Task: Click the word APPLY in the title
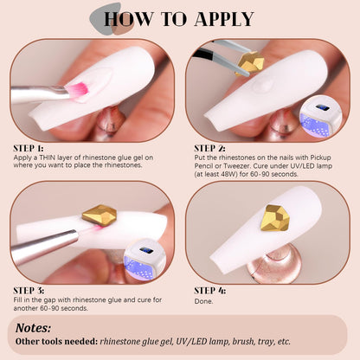(x=224, y=19)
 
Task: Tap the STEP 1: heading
(x=29, y=149)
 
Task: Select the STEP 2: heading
(x=209, y=149)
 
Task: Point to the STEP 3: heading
(x=29, y=291)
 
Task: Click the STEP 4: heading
(x=209, y=291)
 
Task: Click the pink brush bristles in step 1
(x=77, y=90)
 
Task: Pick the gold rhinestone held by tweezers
(x=251, y=63)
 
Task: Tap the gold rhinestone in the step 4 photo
(x=275, y=218)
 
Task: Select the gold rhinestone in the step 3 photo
(x=100, y=215)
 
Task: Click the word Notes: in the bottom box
(x=33, y=328)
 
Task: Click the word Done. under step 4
(x=203, y=301)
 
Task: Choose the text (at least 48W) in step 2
(x=216, y=174)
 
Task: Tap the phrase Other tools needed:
(x=56, y=342)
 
